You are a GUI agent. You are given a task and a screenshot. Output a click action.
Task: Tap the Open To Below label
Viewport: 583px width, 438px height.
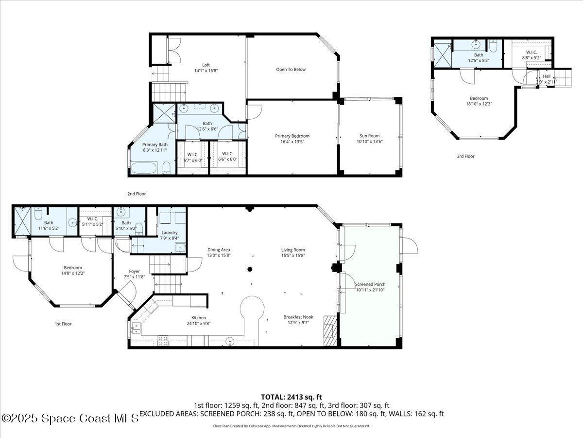[x=291, y=69]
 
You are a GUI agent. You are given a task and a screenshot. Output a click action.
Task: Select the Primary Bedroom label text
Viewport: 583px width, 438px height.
[x=292, y=136]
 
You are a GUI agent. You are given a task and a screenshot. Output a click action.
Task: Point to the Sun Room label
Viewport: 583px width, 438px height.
[x=369, y=136]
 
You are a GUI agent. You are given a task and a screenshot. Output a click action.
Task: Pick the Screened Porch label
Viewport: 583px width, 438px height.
[x=370, y=284]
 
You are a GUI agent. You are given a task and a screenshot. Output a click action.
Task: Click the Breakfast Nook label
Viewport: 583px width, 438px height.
[x=298, y=317]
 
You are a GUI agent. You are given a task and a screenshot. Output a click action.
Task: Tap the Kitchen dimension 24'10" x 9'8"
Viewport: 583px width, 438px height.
[x=198, y=323]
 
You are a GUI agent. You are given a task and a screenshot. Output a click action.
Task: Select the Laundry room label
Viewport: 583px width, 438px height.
[x=170, y=233]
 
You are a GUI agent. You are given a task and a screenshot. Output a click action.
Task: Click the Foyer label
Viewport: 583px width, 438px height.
[x=134, y=271]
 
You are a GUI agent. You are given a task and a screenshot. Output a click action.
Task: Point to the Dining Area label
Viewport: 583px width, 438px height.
[x=219, y=250]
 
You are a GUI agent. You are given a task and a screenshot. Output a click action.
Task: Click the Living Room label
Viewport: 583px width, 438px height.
[x=293, y=250]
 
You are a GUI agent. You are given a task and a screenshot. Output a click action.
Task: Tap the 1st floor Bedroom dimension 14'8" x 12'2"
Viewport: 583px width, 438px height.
[x=73, y=273]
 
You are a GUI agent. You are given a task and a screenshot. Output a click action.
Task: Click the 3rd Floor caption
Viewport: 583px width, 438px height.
[x=465, y=156]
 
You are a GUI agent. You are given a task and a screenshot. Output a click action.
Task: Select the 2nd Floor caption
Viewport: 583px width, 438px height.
[x=137, y=194]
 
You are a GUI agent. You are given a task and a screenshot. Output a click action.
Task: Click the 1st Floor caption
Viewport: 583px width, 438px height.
[x=63, y=324]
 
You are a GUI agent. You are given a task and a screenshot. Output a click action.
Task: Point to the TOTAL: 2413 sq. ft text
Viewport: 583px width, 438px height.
[x=291, y=397]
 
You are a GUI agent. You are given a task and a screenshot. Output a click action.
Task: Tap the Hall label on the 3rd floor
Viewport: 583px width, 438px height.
[x=547, y=76]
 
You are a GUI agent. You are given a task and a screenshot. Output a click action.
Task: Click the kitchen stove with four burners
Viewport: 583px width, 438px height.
[x=163, y=340]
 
